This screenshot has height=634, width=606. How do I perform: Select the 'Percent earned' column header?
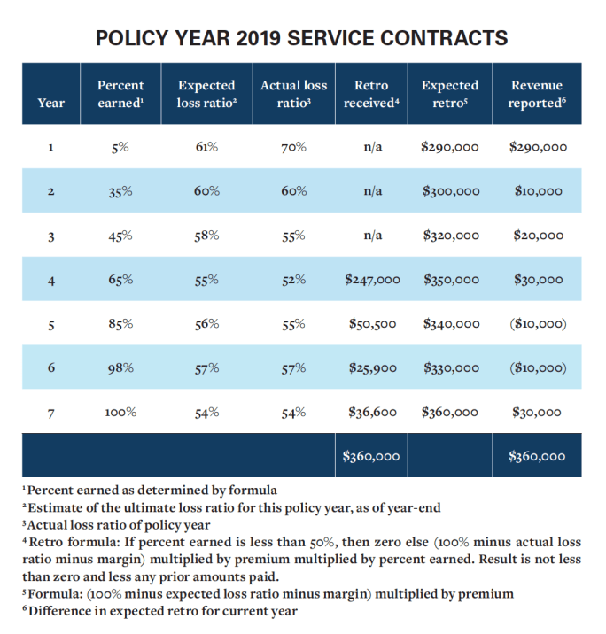(x=120, y=94)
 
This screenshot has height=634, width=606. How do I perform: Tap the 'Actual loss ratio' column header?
(x=293, y=94)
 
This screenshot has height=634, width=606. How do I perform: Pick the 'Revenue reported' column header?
(x=537, y=94)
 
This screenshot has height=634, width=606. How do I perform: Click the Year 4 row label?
(x=51, y=280)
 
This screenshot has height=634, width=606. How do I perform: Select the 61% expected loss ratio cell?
(x=206, y=147)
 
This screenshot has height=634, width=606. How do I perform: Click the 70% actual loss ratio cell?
(x=293, y=147)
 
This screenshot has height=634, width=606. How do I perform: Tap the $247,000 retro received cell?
(x=372, y=280)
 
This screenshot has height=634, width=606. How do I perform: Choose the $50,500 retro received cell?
(x=372, y=324)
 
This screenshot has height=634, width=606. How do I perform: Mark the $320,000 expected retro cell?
(x=450, y=236)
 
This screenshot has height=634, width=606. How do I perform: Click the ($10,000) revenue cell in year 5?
(x=537, y=324)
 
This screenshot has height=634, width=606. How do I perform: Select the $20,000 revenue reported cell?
(x=538, y=236)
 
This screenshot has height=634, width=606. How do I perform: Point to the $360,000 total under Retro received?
(x=372, y=457)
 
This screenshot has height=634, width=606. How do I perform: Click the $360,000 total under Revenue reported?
(x=537, y=457)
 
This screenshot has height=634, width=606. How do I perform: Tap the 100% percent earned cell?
(x=120, y=413)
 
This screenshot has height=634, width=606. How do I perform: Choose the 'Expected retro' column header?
(x=450, y=94)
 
